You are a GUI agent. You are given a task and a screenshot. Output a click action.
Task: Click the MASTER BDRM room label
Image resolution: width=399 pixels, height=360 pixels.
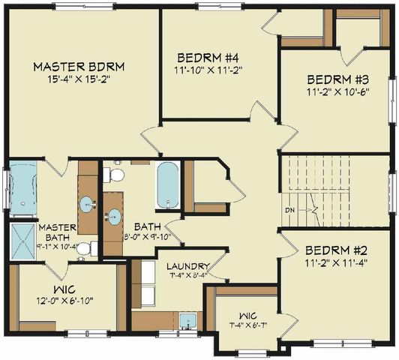pyautogui.click(x=79, y=67)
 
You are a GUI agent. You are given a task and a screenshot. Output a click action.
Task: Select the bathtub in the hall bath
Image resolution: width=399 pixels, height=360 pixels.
pyautogui.click(x=168, y=184)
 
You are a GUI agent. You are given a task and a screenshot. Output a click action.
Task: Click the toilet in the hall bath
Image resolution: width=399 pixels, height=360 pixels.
pyautogui.click(x=114, y=175)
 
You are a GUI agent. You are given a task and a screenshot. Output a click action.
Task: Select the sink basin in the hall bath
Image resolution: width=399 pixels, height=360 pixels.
pyautogui.click(x=113, y=217)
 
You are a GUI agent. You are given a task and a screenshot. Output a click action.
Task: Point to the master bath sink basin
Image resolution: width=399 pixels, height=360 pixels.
pyautogui.click(x=87, y=202)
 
